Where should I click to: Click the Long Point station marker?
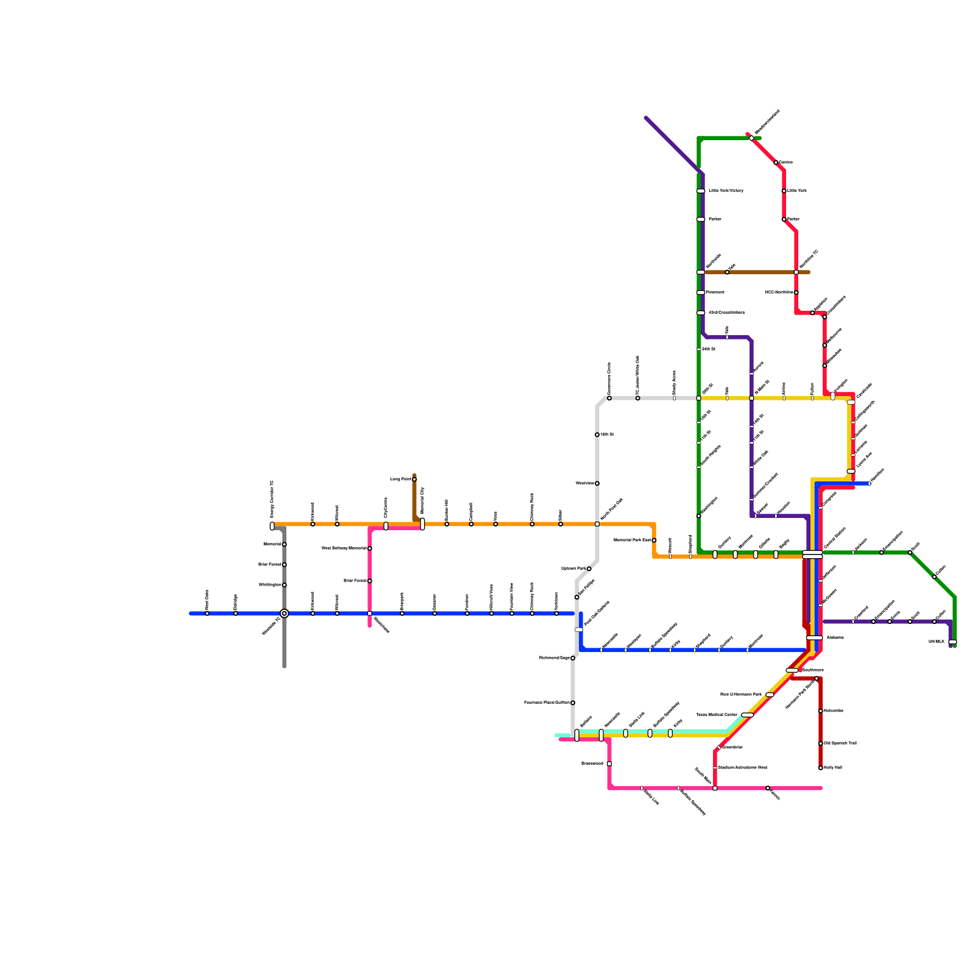[x=414, y=480]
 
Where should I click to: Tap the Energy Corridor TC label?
[x=272, y=498]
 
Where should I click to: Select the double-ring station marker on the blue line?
[x=285, y=614]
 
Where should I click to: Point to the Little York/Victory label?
[x=726, y=191]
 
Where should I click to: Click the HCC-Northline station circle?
[x=796, y=292]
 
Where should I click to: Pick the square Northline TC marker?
[x=796, y=272]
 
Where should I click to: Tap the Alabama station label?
[x=835, y=638]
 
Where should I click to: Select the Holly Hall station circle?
[x=821, y=768]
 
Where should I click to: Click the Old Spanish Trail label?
[x=840, y=743]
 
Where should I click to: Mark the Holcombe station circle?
[x=821, y=711]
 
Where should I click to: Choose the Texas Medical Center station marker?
[x=747, y=715]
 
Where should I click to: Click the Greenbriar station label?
[x=732, y=747]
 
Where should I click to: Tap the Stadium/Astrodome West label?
[x=742, y=768]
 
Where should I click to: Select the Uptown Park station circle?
[x=589, y=569]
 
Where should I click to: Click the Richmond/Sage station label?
[x=554, y=658]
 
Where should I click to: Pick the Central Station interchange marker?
[x=812, y=554]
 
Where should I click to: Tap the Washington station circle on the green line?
[x=699, y=516]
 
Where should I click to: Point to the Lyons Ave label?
[x=864, y=460]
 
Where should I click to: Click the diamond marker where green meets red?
[x=751, y=138]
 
